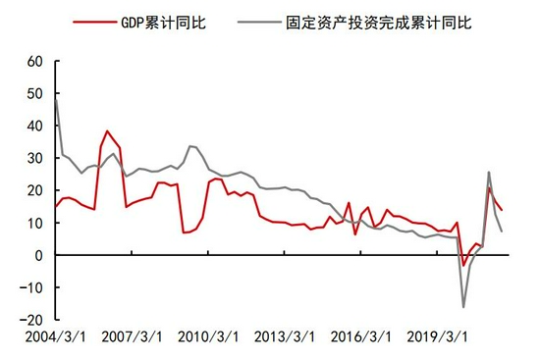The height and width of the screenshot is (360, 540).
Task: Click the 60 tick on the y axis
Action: [35, 61]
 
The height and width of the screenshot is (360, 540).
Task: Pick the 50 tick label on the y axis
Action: [35, 93]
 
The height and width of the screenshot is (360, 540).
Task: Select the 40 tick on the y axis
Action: [35, 126]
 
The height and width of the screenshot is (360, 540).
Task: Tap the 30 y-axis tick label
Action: [35, 158]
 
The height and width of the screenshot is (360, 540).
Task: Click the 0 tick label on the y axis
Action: [39, 255]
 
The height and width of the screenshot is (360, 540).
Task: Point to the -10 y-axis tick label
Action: [33, 287]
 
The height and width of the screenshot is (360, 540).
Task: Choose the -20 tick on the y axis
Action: [33, 320]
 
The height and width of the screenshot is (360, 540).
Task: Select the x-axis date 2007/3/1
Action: [128, 336]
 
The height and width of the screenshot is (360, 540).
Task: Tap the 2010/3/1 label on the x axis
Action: [208, 336]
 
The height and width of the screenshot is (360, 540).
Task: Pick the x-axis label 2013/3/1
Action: [285, 336]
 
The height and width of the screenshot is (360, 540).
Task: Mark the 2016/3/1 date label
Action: [361, 336]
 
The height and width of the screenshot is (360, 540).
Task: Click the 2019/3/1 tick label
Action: [438, 336]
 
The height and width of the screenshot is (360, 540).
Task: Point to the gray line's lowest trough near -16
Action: [463, 307]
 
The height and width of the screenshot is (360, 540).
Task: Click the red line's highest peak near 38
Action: [107, 131]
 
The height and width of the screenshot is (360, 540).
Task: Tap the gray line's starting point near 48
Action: [56, 99]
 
